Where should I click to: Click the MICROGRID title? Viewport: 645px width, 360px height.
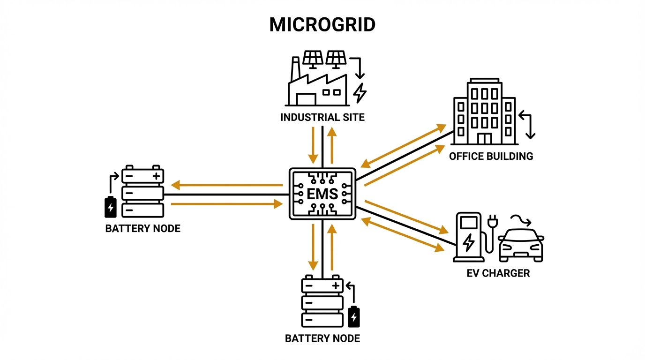pos(322,25)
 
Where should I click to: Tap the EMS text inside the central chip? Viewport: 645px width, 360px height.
pos(322,193)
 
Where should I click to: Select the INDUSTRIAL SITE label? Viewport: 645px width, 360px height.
pos(322,117)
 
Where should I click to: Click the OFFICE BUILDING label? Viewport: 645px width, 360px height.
pos(491,156)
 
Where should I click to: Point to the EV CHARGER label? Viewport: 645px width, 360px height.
pos(498,273)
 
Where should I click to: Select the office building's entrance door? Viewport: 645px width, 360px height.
pos(485,139)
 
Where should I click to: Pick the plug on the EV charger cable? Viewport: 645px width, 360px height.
pos(493,222)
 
